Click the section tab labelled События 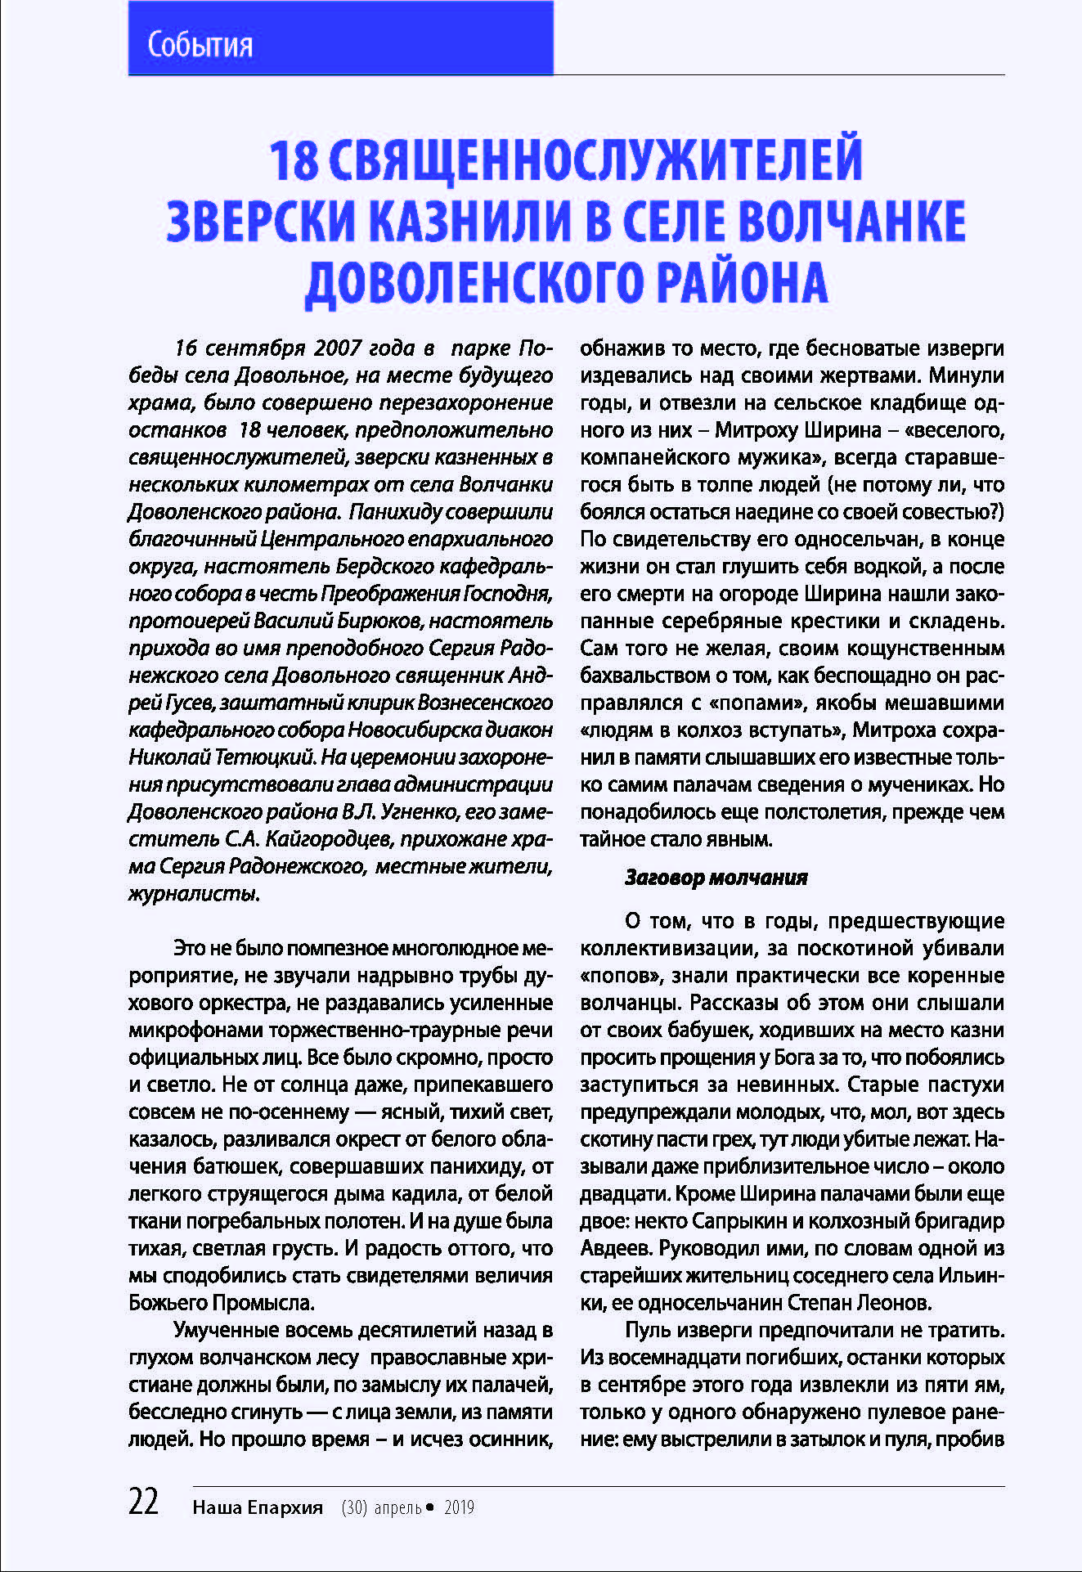tap(200, 44)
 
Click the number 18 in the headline tap(294, 159)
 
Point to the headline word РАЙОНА tap(742, 283)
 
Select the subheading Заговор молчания tap(716, 878)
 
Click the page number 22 tap(144, 1502)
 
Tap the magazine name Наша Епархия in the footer tap(258, 1507)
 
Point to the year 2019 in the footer tap(459, 1507)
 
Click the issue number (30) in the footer tap(354, 1507)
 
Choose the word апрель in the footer tap(397, 1507)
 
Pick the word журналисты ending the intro tap(194, 894)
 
